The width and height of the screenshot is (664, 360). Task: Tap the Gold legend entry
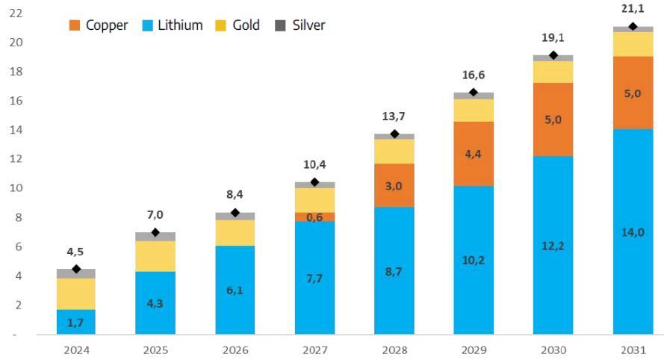(237, 25)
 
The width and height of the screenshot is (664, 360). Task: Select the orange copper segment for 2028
(394, 185)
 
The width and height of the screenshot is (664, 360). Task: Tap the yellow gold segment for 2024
(76, 294)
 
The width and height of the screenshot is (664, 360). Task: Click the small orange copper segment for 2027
(314, 217)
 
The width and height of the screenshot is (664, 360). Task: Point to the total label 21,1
(633, 8)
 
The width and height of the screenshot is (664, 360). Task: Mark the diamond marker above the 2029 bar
(474, 93)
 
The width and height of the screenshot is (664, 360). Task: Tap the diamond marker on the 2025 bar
(155, 233)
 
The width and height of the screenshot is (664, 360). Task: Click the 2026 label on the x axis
(235, 350)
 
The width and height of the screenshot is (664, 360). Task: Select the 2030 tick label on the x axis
(553, 350)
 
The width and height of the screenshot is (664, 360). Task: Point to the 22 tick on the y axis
(15, 13)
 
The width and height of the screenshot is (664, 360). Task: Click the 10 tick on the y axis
(15, 188)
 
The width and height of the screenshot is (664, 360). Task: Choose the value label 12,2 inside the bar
(553, 246)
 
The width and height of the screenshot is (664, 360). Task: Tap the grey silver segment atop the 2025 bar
(155, 237)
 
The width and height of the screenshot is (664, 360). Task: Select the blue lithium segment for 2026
(235, 290)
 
